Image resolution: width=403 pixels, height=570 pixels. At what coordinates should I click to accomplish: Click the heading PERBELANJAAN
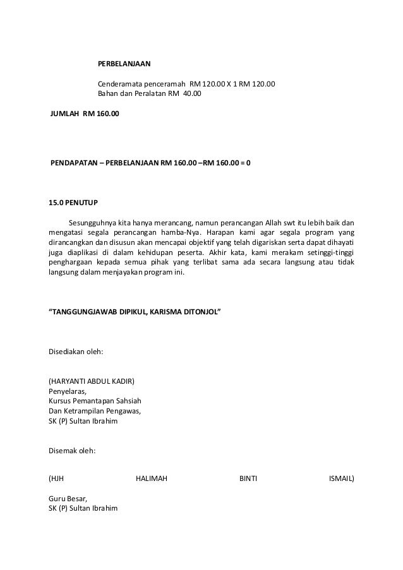click(x=123, y=65)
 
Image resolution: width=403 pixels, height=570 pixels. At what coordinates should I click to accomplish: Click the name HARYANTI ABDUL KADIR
click(x=92, y=381)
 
